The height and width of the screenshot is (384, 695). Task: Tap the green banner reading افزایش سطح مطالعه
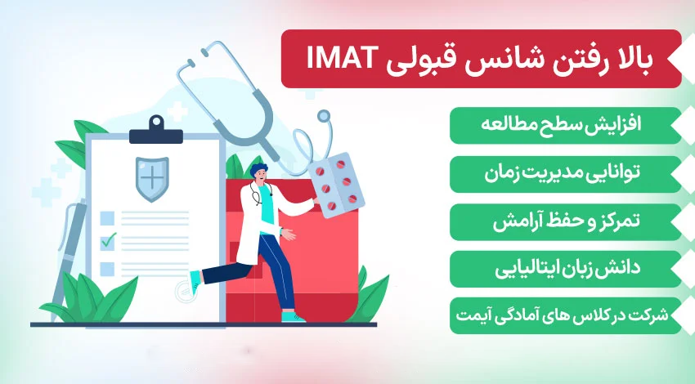tap(564, 126)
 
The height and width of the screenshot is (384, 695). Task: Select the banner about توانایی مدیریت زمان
tap(564, 173)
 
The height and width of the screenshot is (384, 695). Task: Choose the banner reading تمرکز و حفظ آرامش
tap(564, 221)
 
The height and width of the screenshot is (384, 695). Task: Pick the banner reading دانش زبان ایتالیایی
tap(564, 268)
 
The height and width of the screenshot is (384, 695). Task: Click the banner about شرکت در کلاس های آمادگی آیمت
tap(564, 316)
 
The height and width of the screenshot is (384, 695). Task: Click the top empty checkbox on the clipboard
tap(107, 217)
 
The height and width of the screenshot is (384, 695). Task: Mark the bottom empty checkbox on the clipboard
tap(107, 267)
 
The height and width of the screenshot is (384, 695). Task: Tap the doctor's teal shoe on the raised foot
tap(195, 282)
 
